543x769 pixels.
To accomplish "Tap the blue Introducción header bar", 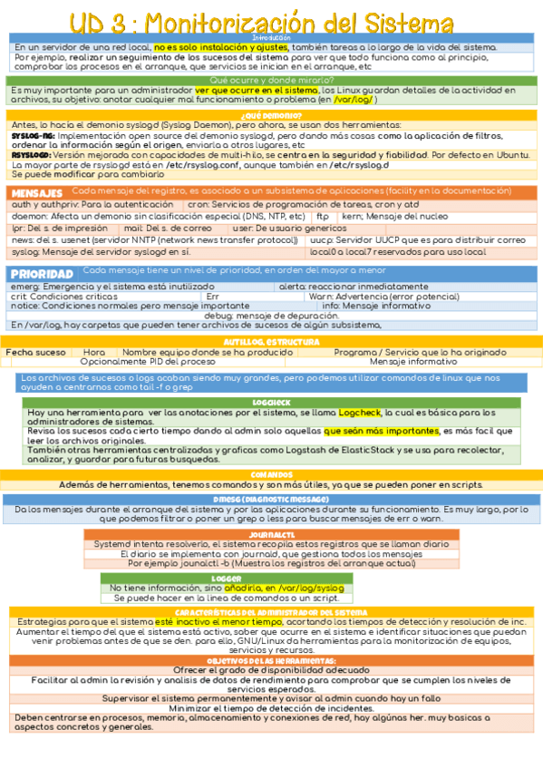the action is click(271, 37).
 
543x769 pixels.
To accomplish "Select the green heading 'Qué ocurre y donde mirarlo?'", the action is click(271, 80).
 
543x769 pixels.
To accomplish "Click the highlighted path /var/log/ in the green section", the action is click(353, 100).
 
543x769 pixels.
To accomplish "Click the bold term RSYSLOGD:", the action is click(30, 154).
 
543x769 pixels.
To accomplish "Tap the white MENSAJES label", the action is click(36, 193).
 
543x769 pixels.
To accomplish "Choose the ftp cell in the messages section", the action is click(322, 217).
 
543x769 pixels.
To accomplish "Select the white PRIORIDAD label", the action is click(42, 273).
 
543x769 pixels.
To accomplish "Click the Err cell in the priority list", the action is click(212, 297).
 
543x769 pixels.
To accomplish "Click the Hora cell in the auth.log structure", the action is click(94, 352).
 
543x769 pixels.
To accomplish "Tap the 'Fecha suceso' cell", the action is click(36, 352).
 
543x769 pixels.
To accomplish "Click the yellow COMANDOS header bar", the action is click(271, 474).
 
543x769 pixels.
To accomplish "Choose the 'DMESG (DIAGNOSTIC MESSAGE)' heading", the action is click(271, 499).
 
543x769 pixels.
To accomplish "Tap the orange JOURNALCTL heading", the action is click(271, 535).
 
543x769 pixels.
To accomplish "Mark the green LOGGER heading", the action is click(226, 578).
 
